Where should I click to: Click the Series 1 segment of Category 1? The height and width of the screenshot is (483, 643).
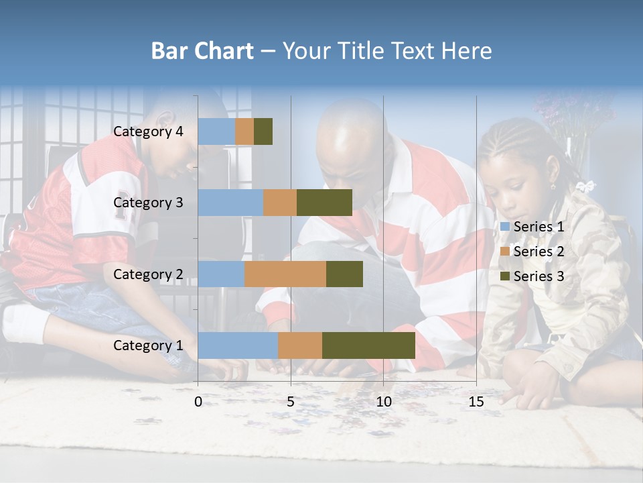tap(238, 345)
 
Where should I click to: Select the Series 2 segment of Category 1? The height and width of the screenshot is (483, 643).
tap(300, 345)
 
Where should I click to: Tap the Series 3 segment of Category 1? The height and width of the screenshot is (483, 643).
tap(368, 345)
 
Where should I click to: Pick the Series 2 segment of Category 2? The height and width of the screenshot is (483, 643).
tap(285, 274)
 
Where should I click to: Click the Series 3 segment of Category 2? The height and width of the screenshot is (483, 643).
tap(344, 274)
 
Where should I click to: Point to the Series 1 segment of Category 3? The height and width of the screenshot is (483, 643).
tap(230, 203)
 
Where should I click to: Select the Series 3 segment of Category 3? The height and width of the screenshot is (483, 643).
tap(324, 203)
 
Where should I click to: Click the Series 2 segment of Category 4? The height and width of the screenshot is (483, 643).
tap(244, 131)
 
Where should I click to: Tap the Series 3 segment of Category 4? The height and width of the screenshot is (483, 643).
tap(263, 131)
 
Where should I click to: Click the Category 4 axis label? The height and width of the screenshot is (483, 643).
tap(148, 131)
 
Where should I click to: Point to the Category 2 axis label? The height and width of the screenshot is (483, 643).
tap(148, 274)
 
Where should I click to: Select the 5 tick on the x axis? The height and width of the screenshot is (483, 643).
tap(291, 402)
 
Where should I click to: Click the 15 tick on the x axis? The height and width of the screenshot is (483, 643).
tap(476, 402)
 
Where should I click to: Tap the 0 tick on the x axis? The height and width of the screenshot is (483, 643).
tap(198, 402)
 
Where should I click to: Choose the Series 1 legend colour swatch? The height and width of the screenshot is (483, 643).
tap(505, 227)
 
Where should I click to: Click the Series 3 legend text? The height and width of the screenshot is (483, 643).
tap(539, 276)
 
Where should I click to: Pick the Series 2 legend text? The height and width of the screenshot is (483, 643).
tap(539, 252)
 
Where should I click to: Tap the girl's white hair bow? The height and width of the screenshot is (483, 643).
tap(587, 186)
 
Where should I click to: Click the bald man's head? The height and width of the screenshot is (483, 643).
tap(349, 134)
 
